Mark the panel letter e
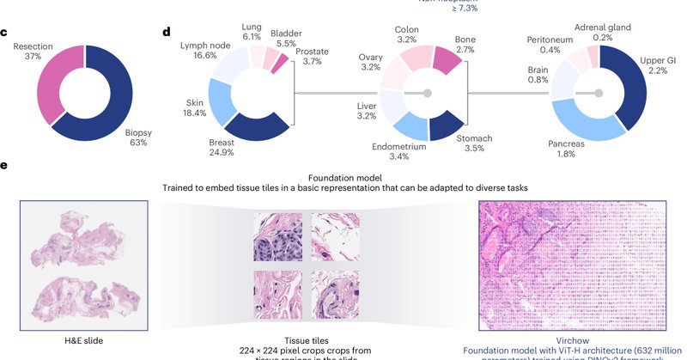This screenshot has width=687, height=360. [x=4, y=165]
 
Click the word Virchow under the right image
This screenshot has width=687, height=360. [x=573, y=341]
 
